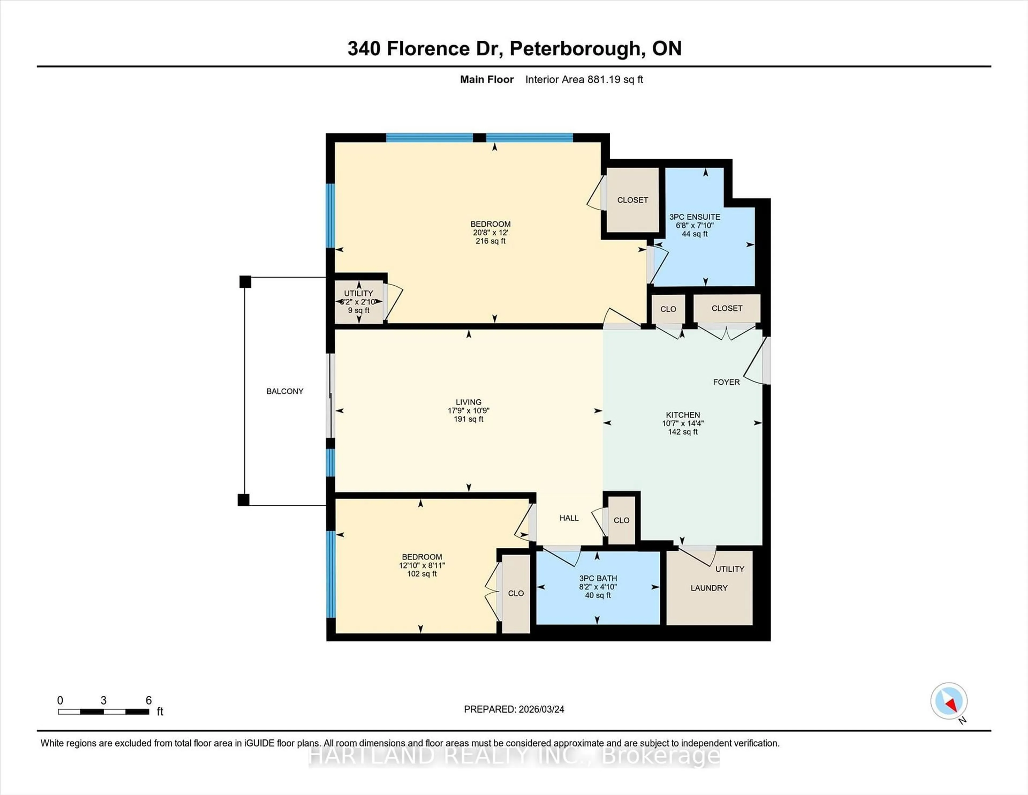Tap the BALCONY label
[x=285, y=391]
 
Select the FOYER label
[x=726, y=382]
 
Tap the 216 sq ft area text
[x=490, y=241]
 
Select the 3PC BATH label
[x=598, y=578]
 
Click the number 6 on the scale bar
[x=149, y=700]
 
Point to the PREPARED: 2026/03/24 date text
[x=514, y=709]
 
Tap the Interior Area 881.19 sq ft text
[x=584, y=80]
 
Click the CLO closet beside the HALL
[x=621, y=520]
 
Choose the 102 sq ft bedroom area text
[x=422, y=574]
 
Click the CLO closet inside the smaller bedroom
[x=516, y=593]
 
